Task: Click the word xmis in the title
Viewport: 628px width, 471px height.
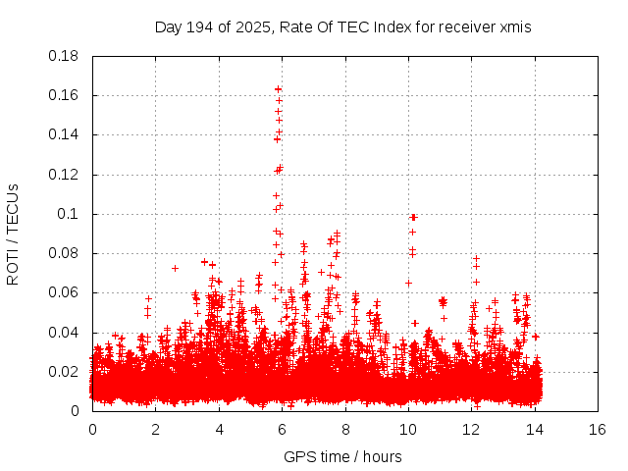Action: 515,27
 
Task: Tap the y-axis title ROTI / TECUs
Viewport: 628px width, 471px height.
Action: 13,234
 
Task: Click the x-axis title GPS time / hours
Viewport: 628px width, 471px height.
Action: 342,456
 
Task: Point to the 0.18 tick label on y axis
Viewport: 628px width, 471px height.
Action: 65,56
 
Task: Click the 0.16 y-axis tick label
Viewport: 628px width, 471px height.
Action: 65,95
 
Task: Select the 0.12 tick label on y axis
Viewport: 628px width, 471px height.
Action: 65,175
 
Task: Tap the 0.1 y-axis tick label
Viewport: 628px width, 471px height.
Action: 71,214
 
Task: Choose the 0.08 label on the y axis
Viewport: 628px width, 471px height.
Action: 65,253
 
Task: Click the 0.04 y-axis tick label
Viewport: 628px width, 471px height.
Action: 65,333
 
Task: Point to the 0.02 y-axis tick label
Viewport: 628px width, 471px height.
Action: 65,372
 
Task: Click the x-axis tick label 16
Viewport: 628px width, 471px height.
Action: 597,430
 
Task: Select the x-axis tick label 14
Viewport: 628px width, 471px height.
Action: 534,430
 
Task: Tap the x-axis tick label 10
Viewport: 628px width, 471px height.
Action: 407,430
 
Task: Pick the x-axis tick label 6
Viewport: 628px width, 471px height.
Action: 282,430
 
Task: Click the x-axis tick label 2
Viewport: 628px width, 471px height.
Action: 155,430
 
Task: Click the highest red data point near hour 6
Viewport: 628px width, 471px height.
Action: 279,89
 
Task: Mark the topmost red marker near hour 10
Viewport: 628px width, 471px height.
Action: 413,217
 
